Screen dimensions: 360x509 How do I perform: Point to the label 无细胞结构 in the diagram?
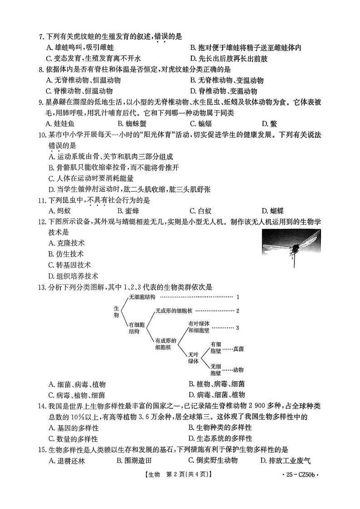pyautogui.click(x=142, y=297)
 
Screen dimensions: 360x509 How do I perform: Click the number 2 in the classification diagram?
pyautogui.click(x=237, y=310)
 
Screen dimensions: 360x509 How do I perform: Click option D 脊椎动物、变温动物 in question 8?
pyautogui.click(x=227, y=92)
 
